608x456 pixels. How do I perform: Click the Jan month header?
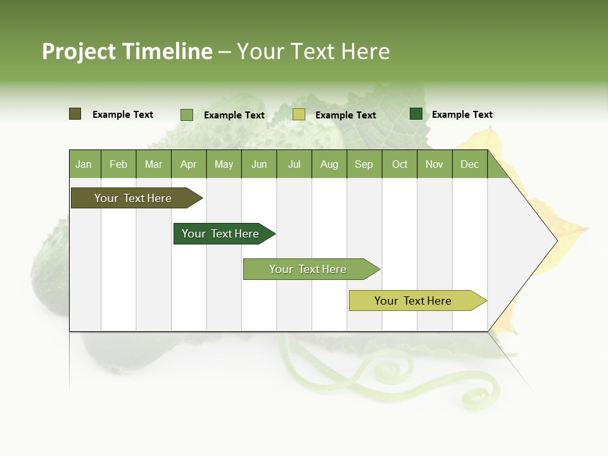coord(84,164)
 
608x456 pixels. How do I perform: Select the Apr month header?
coord(188,164)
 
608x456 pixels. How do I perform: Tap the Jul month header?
coord(294,164)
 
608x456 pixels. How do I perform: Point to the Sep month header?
coord(364,164)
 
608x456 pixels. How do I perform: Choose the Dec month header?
coord(469,164)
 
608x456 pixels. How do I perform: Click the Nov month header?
coord(434,164)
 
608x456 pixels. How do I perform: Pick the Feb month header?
coord(118,164)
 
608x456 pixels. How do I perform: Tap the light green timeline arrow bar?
coord(308,269)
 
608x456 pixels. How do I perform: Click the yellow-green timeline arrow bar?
coord(414,301)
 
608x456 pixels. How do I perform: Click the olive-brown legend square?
coord(75,114)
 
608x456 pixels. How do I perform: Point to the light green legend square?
coord(186,115)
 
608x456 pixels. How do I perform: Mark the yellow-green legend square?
coord(298,115)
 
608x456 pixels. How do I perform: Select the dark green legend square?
coord(415,114)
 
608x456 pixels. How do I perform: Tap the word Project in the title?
coord(79,51)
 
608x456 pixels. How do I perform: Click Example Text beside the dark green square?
coord(462,115)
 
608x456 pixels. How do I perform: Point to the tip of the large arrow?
coord(555,241)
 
